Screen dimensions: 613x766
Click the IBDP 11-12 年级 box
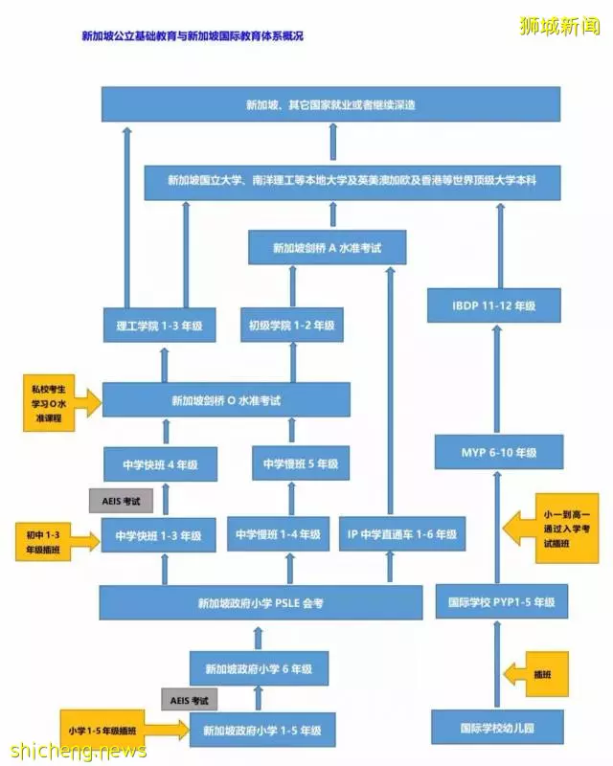[x=493, y=305]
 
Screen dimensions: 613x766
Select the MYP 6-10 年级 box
[x=499, y=452]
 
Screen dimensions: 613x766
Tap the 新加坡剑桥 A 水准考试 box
[x=327, y=248]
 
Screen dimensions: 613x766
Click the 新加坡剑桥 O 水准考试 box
[x=226, y=400]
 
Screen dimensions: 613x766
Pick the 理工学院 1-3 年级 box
[x=159, y=325]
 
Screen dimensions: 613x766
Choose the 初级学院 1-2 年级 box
[x=292, y=325]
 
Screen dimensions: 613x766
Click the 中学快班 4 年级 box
[x=160, y=464]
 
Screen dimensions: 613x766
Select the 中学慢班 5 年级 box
[x=301, y=463]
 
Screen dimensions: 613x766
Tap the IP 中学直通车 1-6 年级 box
[x=402, y=534]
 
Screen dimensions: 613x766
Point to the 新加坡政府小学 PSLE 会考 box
[x=261, y=603]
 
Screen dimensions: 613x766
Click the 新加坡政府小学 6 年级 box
[x=259, y=668]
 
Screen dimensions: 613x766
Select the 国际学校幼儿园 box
[x=497, y=728]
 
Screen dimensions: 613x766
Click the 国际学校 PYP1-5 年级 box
[x=502, y=601]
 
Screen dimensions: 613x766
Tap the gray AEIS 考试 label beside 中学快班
[x=121, y=501]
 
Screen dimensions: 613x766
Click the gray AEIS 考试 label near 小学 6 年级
[x=190, y=700]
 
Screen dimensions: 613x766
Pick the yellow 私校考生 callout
[x=49, y=403]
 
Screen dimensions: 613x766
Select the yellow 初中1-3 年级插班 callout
[x=44, y=542]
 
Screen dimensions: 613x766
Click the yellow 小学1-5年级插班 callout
[x=102, y=730]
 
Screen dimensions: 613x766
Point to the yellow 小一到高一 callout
[x=567, y=529]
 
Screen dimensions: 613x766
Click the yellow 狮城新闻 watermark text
[x=559, y=26]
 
